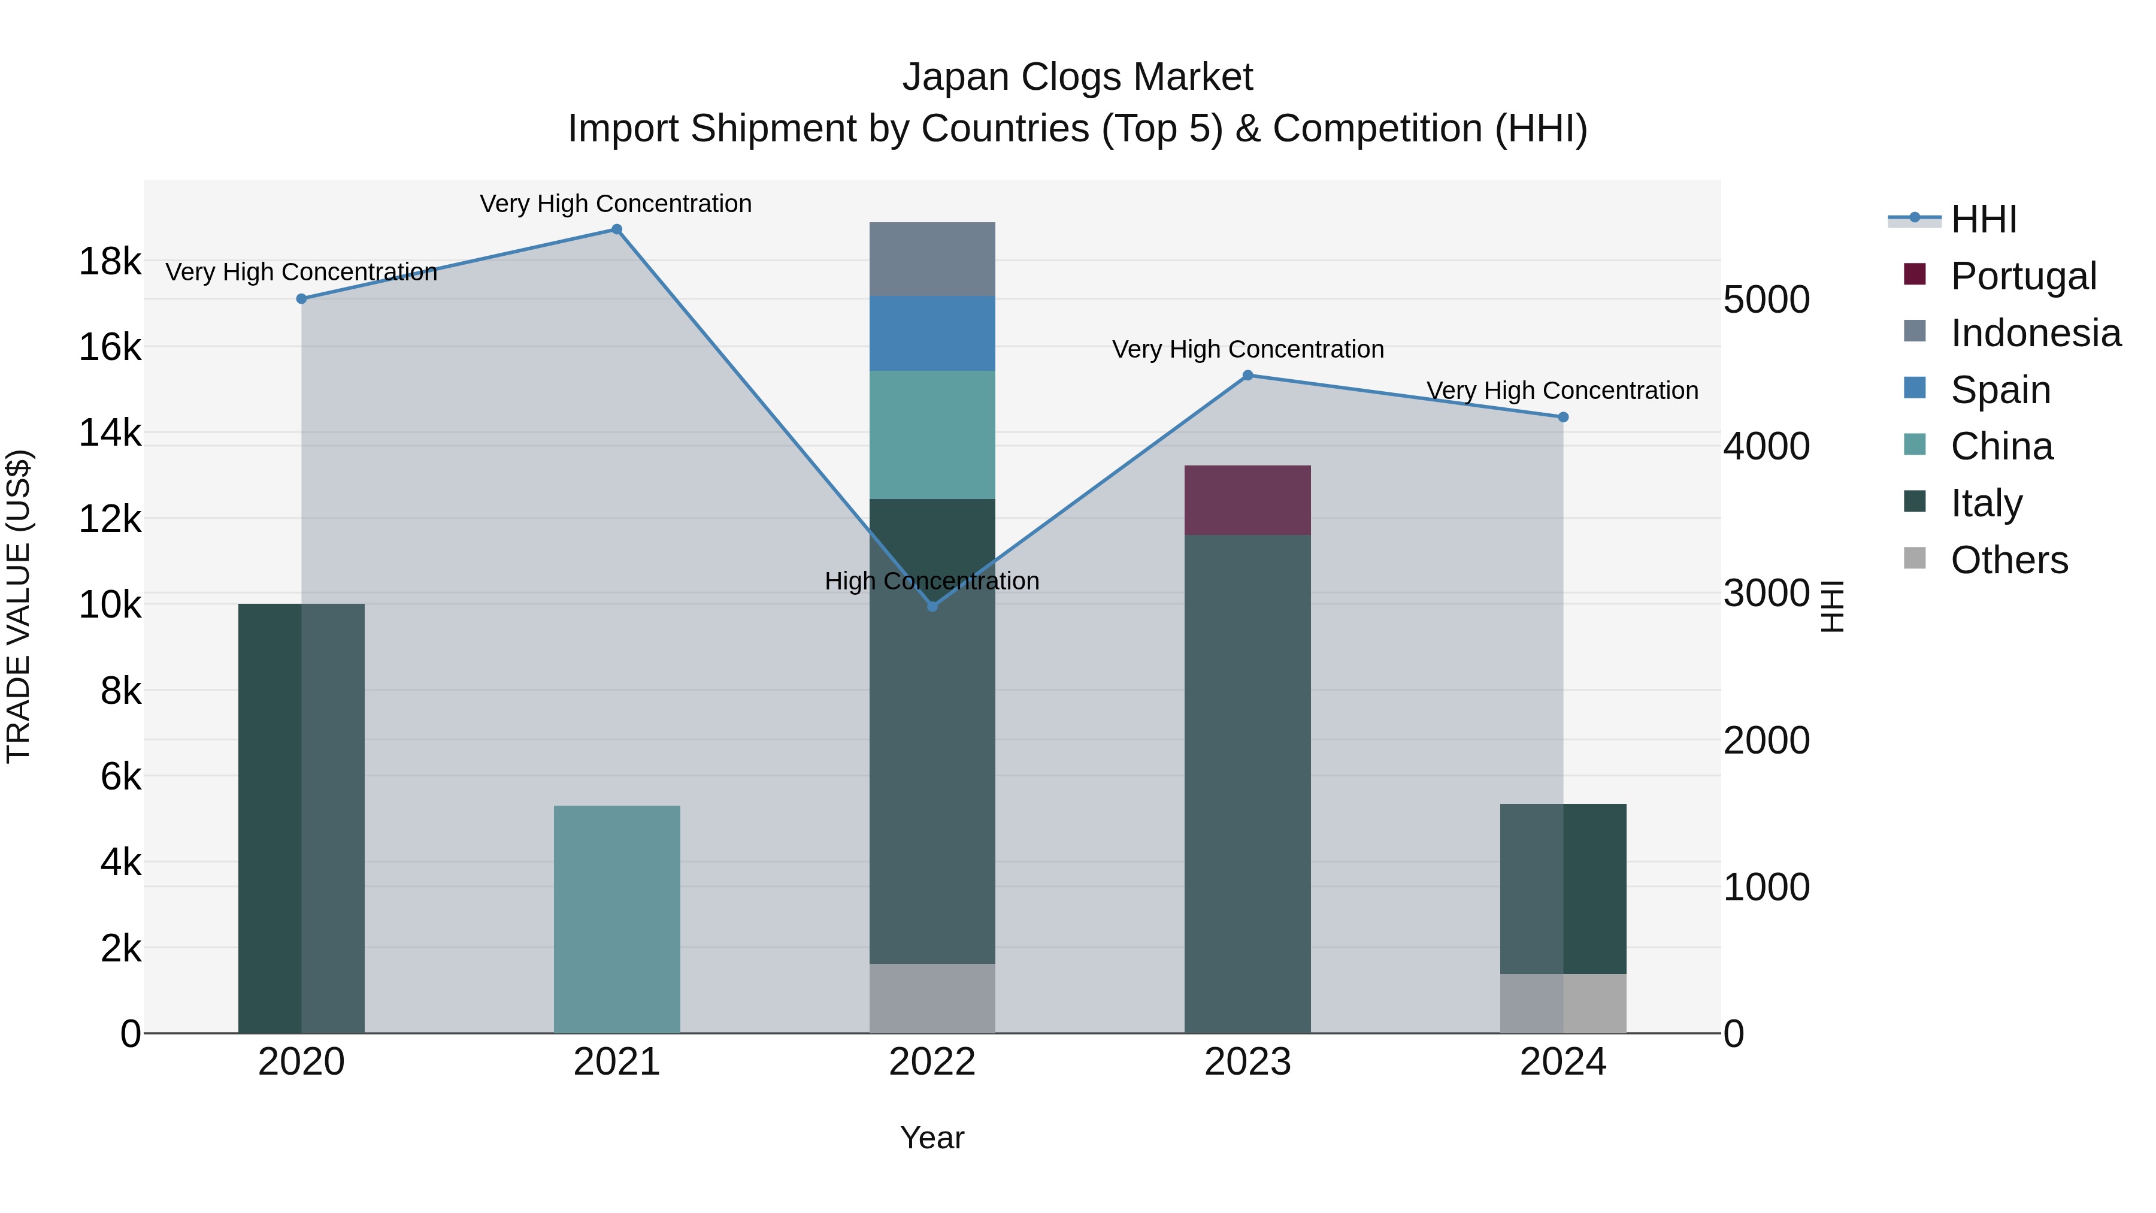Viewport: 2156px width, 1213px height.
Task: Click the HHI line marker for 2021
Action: tap(616, 229)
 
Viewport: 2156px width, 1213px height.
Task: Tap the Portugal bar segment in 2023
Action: tap(1247, 500)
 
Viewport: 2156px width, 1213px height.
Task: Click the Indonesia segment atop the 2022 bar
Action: tap(932, 259)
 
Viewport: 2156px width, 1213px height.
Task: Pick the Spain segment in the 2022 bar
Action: tap(932, 333)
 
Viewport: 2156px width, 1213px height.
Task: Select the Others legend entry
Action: tap(2008, 560)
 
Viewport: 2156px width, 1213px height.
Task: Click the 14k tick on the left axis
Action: tap(110, 434)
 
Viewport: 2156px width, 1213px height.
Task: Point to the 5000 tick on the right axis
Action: tap(1766, 300)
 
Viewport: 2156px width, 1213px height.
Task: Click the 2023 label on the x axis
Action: tap(1247, 1062)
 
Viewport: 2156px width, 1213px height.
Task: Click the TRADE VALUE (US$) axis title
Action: tap(19, 606)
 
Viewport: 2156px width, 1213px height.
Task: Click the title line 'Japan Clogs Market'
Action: tap(1077, 77)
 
